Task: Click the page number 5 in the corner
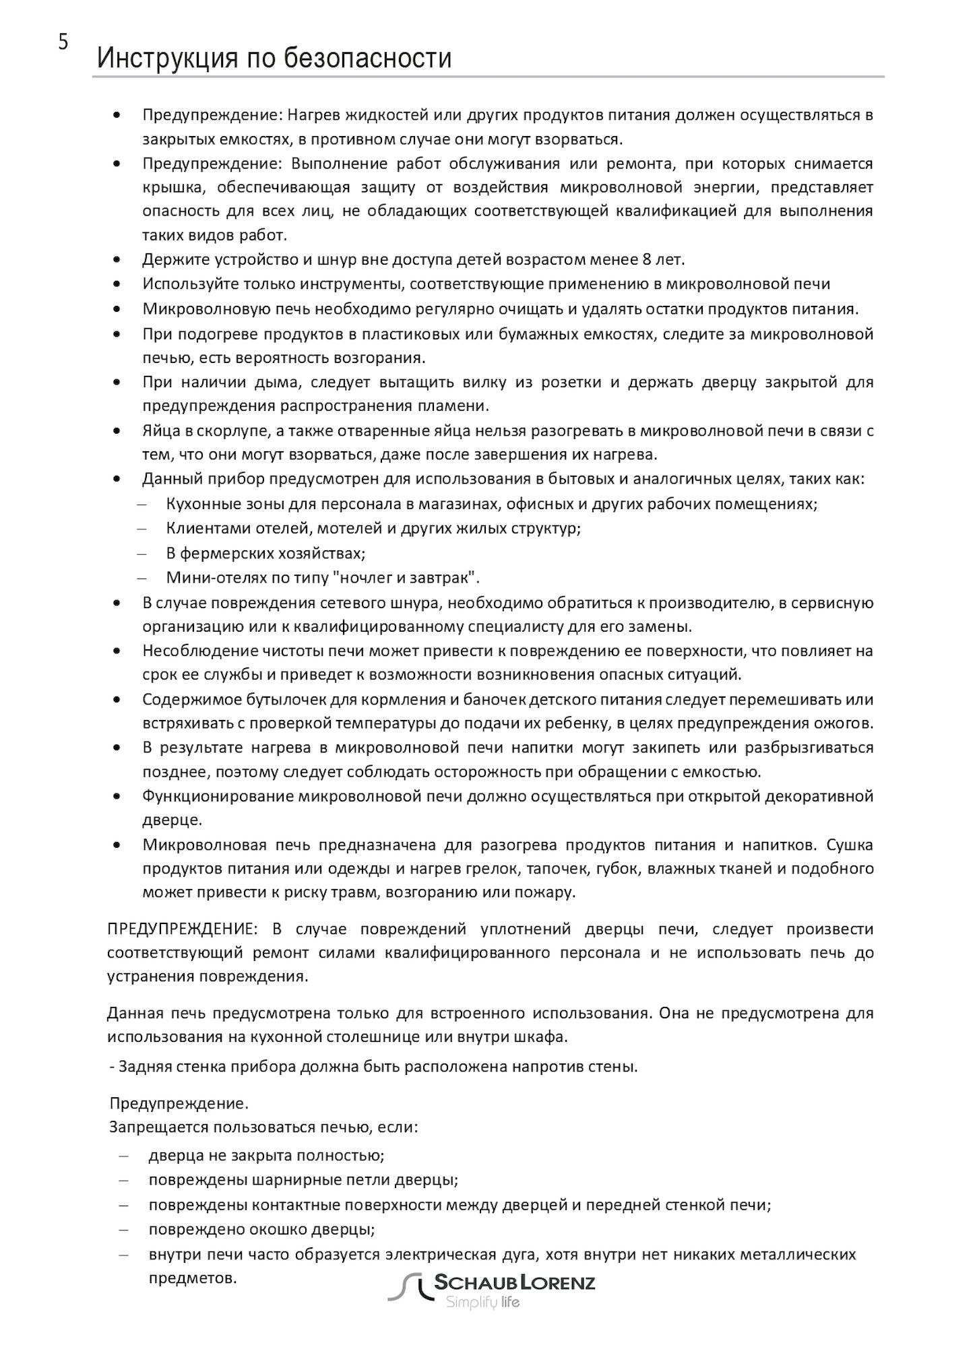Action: point(63,43)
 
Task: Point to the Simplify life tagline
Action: point(482,1303)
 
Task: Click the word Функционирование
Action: point(217,796)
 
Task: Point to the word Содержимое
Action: point(186,699)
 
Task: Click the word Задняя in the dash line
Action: point(140,1067)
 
